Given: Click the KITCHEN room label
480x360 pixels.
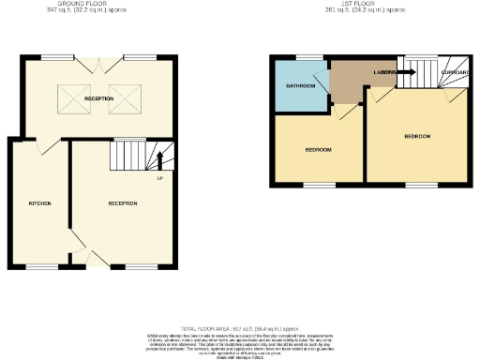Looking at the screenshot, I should [38, 203].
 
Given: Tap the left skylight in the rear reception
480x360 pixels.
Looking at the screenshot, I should [71, 97].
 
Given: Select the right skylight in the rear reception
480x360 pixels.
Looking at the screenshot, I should [123, 97].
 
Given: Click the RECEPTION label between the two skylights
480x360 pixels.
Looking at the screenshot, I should [97, 97].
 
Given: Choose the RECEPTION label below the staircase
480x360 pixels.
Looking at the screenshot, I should [122, 203].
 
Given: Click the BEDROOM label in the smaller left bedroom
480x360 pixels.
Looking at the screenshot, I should [319, 150].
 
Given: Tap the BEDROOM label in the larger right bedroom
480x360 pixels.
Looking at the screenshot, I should [417, 136].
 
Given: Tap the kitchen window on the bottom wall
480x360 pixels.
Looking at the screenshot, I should [40, 268].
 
